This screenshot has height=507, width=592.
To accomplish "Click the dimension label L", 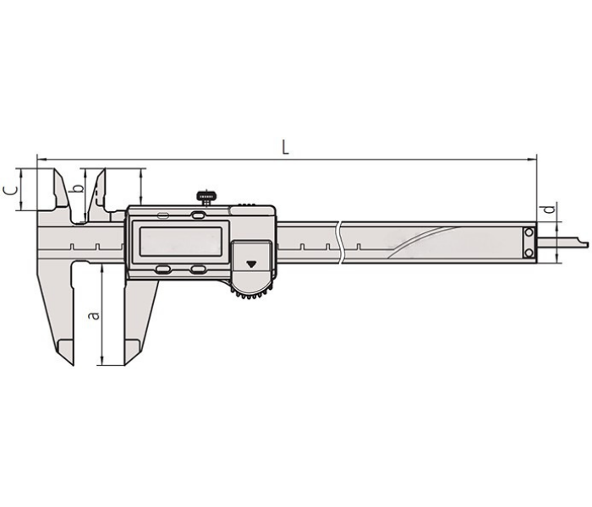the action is pyautogui.click(x=286, y=147).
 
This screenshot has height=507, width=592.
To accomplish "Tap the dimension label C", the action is pyautogui.click(x=10, y=190).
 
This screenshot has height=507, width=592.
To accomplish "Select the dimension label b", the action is pyautogui.click(x=78, y=188).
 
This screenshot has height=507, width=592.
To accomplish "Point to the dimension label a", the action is pyautogui.click(x=94, y=315).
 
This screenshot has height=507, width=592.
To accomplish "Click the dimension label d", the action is pyautogui.click(x=551, y=209).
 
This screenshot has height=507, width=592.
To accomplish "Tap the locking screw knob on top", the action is pyautogui.click(x=206, y=197).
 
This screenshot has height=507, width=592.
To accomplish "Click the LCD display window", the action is pyautogui.click(x=181, y=242).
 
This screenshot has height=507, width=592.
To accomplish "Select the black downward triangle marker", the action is pyautogui.click(x=251, y=264).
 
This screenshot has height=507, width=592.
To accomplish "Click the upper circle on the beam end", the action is pyautogui.click(x=529, y=232).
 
